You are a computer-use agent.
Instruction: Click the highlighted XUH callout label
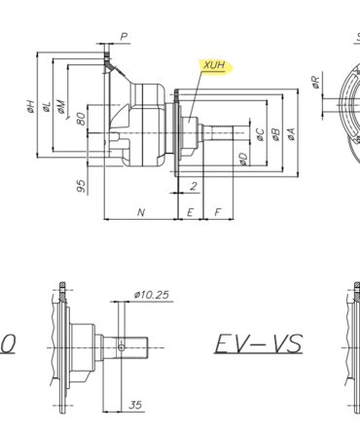(x=214, y=66)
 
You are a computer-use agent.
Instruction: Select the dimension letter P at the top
(x=124, y=36)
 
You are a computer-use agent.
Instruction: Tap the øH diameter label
(x=30, y=106)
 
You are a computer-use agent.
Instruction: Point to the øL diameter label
(x=48, y=107)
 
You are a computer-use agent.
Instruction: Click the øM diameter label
(x=61, y=107)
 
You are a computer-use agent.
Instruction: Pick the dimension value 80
(x=81, y=119)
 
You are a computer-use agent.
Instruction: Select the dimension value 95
(x=81, y=186)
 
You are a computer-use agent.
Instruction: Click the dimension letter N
(x=141, y=212)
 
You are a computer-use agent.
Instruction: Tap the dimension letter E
(x=190, y=212)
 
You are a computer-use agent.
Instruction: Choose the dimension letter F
(x=218, y=212)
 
